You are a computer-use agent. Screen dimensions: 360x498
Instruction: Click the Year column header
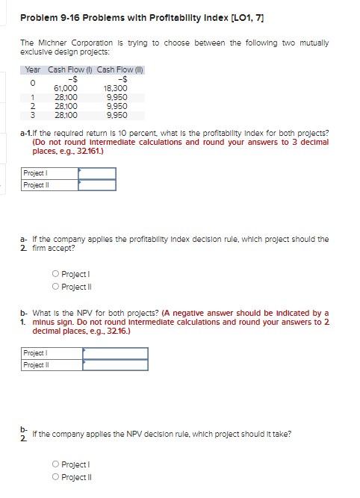tap(32, 70)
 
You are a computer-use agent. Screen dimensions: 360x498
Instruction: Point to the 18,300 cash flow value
tap(117, 87)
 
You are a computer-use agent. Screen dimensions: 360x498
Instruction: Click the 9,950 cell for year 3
tap(117, 114)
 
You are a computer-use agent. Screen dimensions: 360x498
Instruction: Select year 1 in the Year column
tap(33, 96)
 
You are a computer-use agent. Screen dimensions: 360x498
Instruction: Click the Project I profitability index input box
tap(97, 173)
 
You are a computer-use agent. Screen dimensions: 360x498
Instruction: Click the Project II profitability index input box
tap(97, 184)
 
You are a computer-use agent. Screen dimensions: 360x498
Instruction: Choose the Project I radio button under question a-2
tap(57, 273)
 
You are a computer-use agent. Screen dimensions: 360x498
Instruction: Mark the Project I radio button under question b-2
tap(57, 464)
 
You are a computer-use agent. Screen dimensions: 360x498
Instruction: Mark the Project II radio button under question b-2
tap(57, 476)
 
